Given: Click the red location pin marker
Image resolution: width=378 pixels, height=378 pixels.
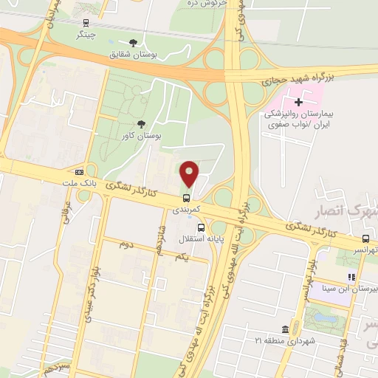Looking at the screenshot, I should point(189,173).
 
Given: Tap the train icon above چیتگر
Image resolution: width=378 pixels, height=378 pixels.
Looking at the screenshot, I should point(86,22).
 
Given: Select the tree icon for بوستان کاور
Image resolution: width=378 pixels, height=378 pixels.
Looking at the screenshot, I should point(141,123).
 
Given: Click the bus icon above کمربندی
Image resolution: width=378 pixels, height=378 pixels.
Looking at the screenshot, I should point(186,197).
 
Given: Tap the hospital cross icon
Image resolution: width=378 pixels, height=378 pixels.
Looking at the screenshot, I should point(298,101).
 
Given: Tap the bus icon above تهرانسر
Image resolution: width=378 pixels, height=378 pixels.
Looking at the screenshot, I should point(366,238).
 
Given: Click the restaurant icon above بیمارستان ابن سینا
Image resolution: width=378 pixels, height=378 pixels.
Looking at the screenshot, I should point(352,277).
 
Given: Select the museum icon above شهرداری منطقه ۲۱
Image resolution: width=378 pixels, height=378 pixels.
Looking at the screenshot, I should point(286,329).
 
